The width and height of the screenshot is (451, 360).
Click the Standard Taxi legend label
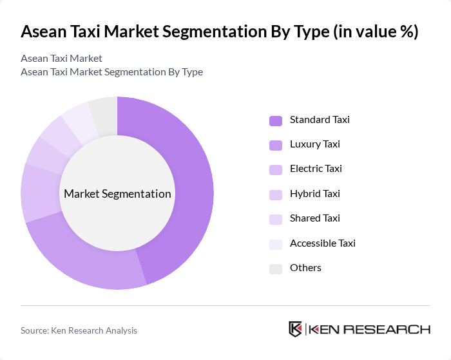tap(320, 120)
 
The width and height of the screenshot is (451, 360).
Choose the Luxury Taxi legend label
tap(315, 144)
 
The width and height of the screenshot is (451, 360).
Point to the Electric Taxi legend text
tap(316, 169)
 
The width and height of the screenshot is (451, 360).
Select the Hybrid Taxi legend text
tap(314, 194)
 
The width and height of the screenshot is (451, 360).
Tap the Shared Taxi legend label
tap(314, 218)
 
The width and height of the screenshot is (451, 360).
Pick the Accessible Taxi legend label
tap(322, 243)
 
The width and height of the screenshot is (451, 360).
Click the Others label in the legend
tap(305, 268)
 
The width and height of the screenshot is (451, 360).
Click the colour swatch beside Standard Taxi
tap(276, 120)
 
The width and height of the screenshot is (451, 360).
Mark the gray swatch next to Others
tap(276, 269)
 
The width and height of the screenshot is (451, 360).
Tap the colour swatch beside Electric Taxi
tap(276, 170)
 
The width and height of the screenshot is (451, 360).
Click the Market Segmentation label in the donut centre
tap(117, 194)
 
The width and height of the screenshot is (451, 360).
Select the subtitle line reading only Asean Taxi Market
tap(61, 59)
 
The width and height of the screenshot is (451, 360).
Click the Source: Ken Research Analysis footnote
tap(79, 330)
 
